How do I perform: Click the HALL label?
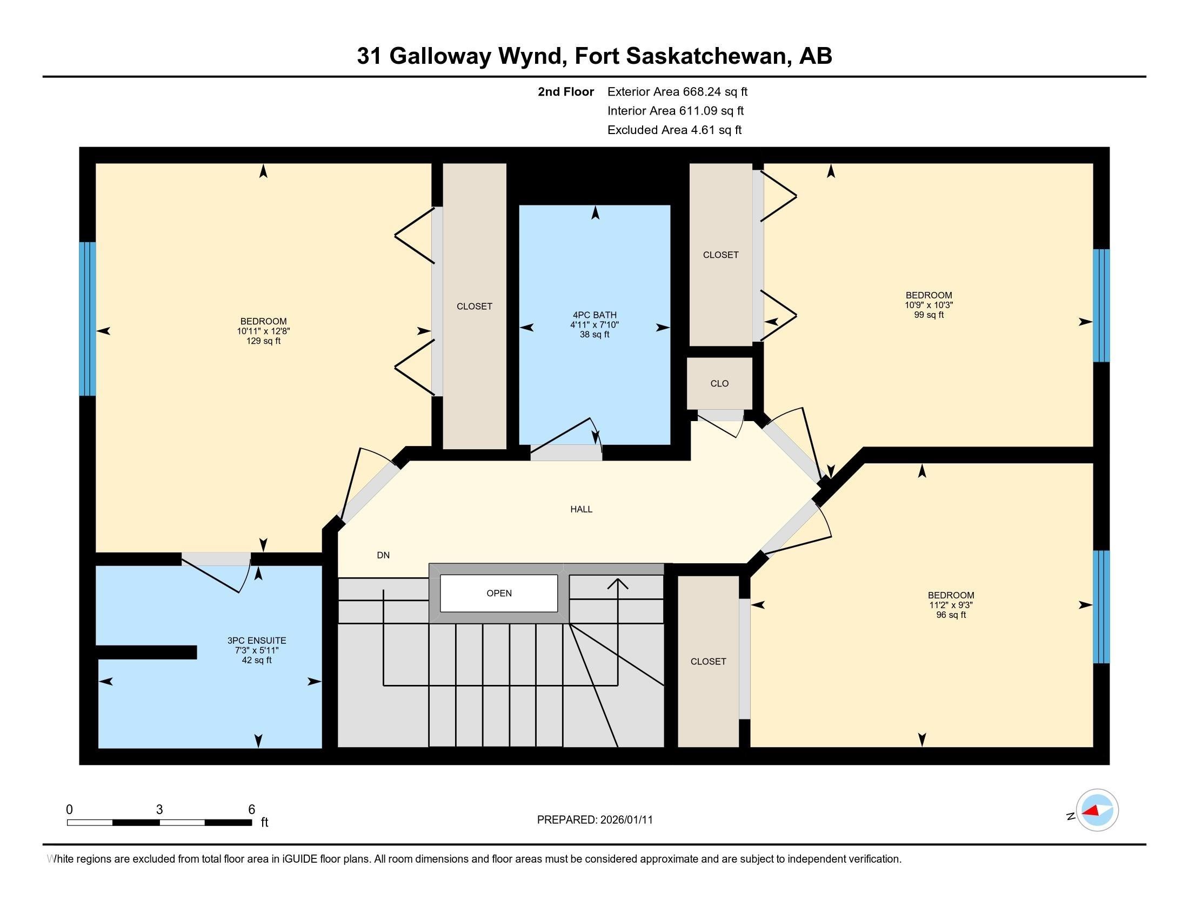581,509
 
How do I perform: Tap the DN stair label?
383,555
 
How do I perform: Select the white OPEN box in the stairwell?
499,593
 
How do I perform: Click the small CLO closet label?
719,383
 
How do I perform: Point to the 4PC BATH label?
594,315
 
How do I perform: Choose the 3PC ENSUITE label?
256,641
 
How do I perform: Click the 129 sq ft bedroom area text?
264,341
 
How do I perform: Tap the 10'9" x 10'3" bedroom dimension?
929,305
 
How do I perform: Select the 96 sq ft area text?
951,615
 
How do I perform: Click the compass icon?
1097,810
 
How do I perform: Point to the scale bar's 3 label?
159,810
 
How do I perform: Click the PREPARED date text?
594,820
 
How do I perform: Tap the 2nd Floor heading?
566,91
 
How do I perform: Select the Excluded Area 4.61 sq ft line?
674,130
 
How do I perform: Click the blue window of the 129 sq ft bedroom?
87,318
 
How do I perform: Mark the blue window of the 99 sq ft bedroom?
1101,305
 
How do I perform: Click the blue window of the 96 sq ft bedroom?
1101,607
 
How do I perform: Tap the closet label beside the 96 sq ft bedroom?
709,662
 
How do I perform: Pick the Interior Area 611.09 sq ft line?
676,110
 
